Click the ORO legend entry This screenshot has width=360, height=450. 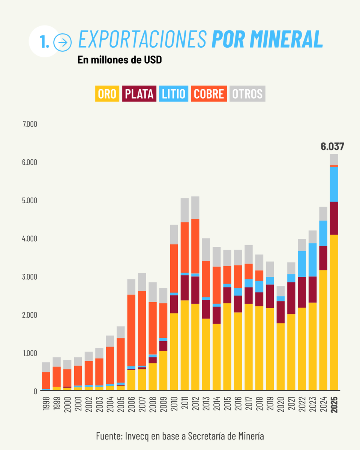tap(107, 94)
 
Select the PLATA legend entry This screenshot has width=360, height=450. tap(139, 94)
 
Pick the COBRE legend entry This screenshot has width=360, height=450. tap(209, 94)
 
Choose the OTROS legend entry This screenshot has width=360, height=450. tap(247, 94)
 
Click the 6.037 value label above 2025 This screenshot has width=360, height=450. tap(332, 147)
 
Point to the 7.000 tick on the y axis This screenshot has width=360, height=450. tap(30, 124)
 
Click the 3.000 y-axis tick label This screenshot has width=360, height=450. tap(30, 277)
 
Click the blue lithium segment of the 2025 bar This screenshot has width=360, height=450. tap(334, 184)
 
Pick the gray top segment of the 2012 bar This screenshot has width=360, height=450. tap(195, 207)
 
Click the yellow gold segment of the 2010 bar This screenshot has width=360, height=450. tap(174, 352)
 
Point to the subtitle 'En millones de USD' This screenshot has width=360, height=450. tap(120, 60)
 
